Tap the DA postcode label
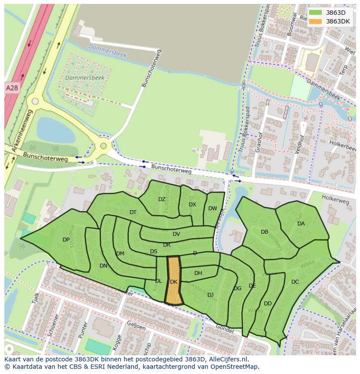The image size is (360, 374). coord(301,224)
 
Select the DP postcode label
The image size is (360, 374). coord(66,240)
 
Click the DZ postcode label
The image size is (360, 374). coord(162,199)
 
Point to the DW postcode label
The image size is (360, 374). coord(213,209)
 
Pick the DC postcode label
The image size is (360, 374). coord(295,282)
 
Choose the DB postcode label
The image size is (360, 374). coord(264,232)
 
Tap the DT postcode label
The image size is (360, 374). coord(133,212)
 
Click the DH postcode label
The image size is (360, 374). coord(198,273)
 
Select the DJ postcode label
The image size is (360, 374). coord(210,295)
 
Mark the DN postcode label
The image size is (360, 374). coord(103,266)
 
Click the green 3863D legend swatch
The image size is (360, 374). coord(316,13)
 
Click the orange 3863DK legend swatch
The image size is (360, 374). coord(316,21)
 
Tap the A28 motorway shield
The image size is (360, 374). coord(12,88)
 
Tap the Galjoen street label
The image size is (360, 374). coord(137,326)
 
